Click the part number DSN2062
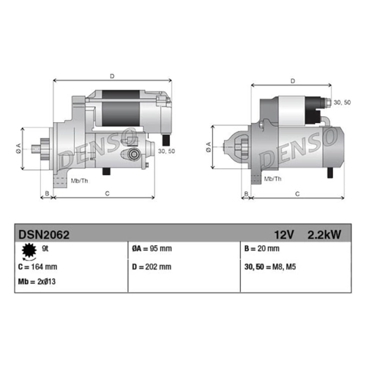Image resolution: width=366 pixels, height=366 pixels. [44, 235]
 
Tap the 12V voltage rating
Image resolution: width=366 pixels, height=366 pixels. [284, 235]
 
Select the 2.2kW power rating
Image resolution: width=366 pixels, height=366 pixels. [324, 235]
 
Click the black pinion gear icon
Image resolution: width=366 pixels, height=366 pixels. [29, 251]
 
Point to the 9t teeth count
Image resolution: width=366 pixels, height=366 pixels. [45, 249]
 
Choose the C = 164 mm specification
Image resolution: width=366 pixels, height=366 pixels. [37, 266]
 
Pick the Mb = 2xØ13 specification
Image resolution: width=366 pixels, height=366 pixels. [37, 282]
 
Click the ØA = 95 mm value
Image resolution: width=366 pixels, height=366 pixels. [152, 249]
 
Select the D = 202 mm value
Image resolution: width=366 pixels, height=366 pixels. [152, 266]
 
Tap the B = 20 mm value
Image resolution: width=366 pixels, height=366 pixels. [262, 249]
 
